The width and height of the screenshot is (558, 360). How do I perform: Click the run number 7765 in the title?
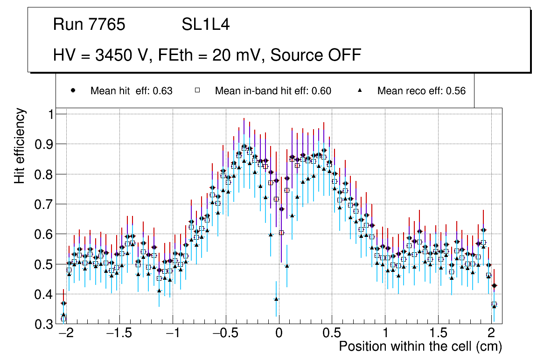[106, 25]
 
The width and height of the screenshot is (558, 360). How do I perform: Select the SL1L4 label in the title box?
[206, 25]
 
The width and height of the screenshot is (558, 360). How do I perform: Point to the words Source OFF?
[316, 55]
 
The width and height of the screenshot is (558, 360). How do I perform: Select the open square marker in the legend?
[197, 91]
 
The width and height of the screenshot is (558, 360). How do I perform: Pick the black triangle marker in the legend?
[360, 91]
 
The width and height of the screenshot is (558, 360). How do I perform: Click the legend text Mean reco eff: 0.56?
[421, 91]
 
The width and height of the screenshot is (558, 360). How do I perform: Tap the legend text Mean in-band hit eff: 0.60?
[273, 91]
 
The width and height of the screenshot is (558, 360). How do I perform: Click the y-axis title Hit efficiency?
[20, 146]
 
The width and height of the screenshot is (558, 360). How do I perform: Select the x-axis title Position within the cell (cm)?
[420, 347]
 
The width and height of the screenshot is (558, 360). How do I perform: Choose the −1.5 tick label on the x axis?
[119, 334]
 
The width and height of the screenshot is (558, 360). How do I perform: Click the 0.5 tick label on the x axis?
[332, 334]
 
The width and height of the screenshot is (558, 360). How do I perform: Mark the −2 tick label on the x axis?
[65, 334]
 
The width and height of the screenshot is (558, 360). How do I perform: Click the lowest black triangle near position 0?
[276, 299]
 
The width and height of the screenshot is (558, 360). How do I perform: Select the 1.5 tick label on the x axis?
[438, 334]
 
